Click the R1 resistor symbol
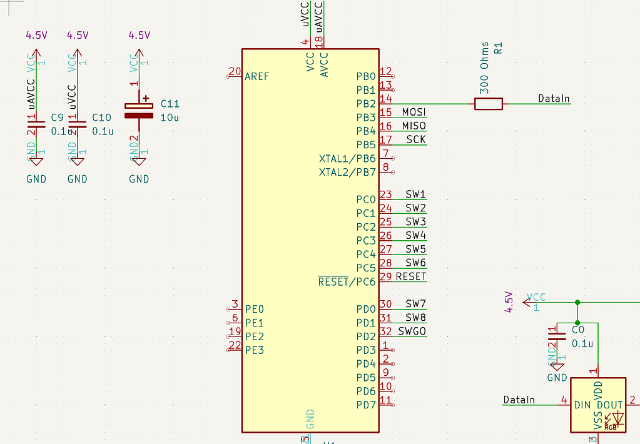(x=488, y=104)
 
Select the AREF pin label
(x=257, y=76)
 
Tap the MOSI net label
(x=414, y=112)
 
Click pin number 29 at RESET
(x=386, y=276)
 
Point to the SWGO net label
(x=412, y=331)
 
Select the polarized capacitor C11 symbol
(x=139, y=110)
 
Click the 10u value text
(x=170, y=118)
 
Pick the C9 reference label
(x=57, y=118)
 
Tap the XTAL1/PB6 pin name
(x=347, y=158)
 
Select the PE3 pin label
(x=255, y=350)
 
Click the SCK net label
(x=416, y=139)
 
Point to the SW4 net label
(x=415, y=235)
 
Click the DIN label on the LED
(x=582, y=405)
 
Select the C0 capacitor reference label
(x=577, y=330)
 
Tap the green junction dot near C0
(x=577, y=303)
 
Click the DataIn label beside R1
(x=554, y=99)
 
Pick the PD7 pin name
(x=366, y=405)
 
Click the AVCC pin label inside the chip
(x=324, y=65)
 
